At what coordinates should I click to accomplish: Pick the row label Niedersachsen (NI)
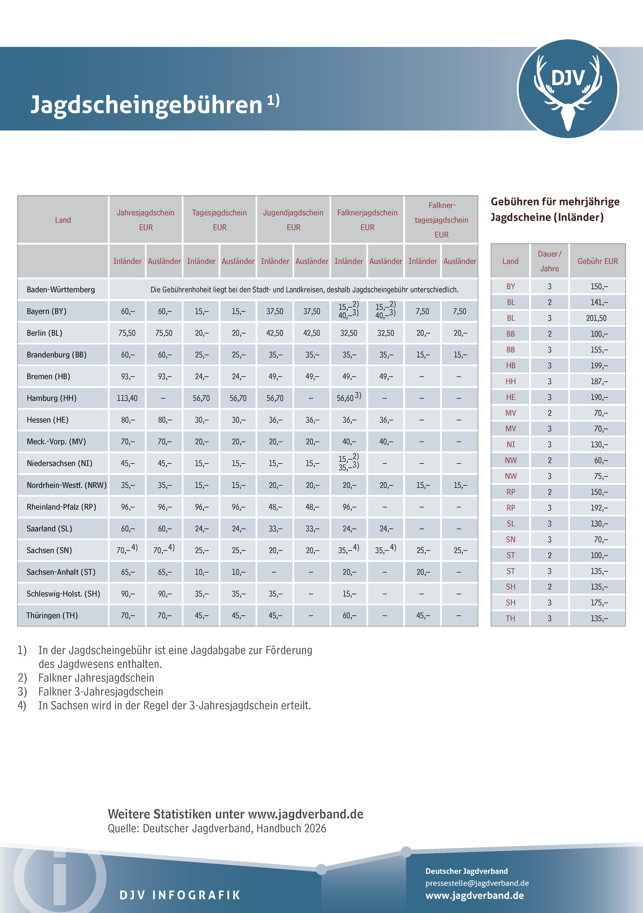click(59, 463)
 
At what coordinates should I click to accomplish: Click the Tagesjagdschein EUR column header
click(219, 220)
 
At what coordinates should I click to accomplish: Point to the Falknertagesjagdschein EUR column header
click(441, 220)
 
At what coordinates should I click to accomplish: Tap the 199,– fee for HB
click(599, 365)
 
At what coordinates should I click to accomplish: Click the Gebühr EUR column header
click(598, 261)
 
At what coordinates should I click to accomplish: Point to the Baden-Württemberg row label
click(61, 289)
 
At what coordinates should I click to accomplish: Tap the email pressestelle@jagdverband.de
click(477, 883)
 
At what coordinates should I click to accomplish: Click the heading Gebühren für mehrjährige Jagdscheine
click(555, 209)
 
